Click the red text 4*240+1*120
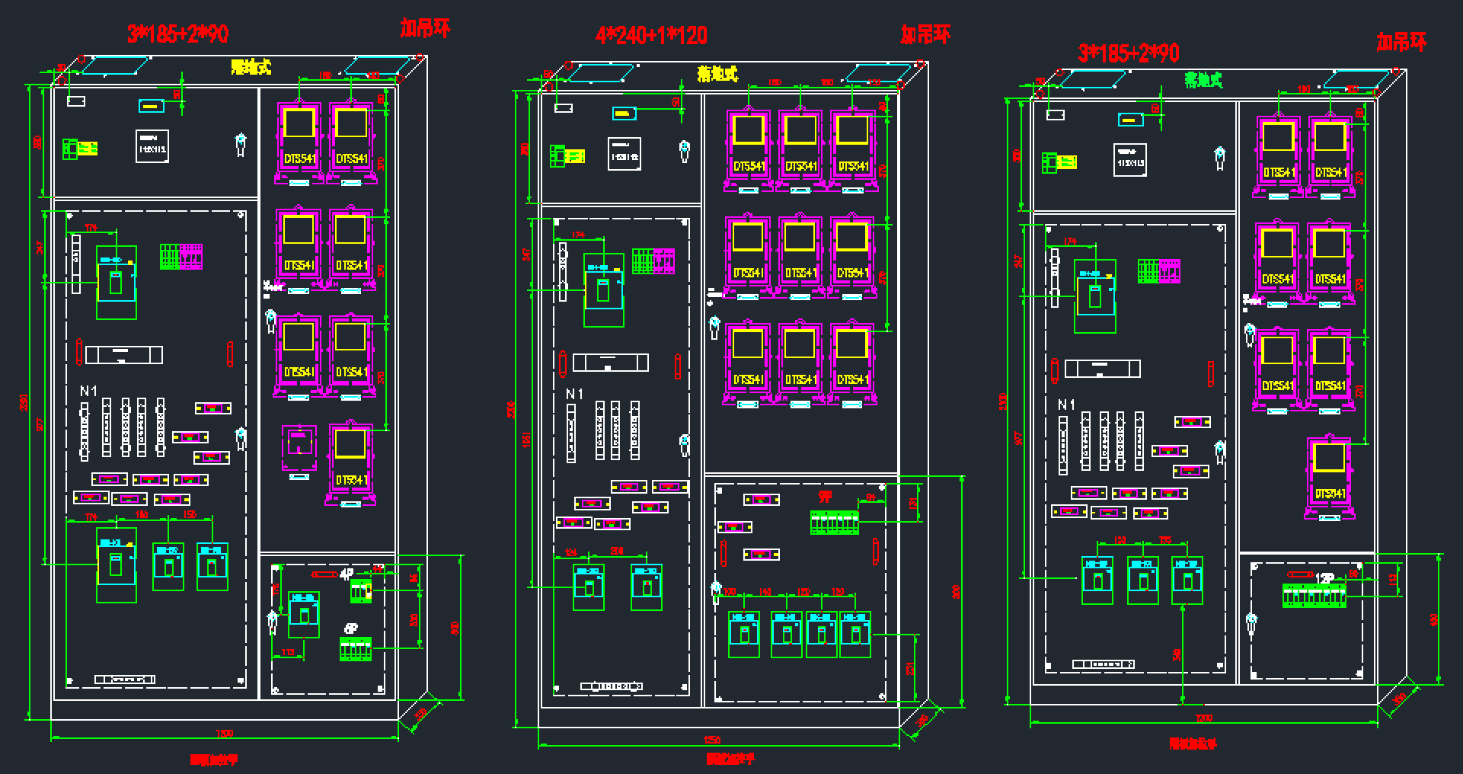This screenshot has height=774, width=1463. pos(651,35)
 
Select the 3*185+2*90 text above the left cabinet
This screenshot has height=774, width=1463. pos(177,34)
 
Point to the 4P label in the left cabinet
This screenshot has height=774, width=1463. pos(347,574)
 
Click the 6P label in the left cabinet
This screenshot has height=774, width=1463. pos(351,629)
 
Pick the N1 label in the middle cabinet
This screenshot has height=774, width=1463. pos(574,394)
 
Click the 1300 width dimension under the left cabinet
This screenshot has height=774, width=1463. pos(224,734)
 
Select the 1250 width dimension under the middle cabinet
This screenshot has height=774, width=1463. pos(712,740)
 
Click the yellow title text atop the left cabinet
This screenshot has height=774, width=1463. pos(251,67)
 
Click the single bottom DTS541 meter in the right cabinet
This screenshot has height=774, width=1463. pos(1329,478)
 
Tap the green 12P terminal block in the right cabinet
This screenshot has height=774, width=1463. pos(1314,595)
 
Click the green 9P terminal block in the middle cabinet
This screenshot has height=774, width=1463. pos(835,523)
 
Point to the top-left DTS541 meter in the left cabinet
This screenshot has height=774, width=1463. pos(299,141)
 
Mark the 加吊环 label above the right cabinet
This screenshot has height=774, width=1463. pos(1401,43)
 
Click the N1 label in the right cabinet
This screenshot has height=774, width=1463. pos(1066,405)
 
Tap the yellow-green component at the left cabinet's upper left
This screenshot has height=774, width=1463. pos(79,149)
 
